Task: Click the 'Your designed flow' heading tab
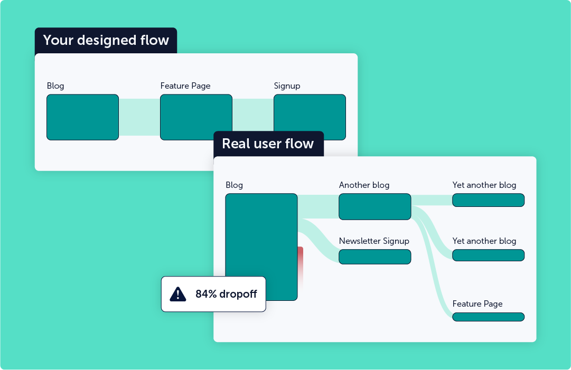[x=106, y=41]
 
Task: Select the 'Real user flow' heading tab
[x=268, y=144]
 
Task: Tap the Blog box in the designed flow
[x=82, y=117]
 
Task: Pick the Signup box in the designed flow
[x=310, y=117]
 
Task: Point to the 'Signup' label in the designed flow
[x=287, y=86]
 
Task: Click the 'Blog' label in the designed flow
[x=55, y=86]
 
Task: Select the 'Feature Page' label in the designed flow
[x=185, y=86]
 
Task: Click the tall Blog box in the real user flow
[x=261, y=232]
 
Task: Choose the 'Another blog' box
[x=375, y=206]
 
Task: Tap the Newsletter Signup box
[x=375, y=257]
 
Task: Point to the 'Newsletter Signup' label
[x=374, y=241]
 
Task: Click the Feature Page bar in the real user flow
[x=488, y=317]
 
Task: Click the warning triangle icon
[x=178, y=294]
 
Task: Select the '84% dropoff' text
[x=226, y=294]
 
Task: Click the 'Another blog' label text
[x=364, y=185]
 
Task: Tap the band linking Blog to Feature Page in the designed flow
[x=139, y=117]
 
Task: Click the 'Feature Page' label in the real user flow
[x=478, y=304]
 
